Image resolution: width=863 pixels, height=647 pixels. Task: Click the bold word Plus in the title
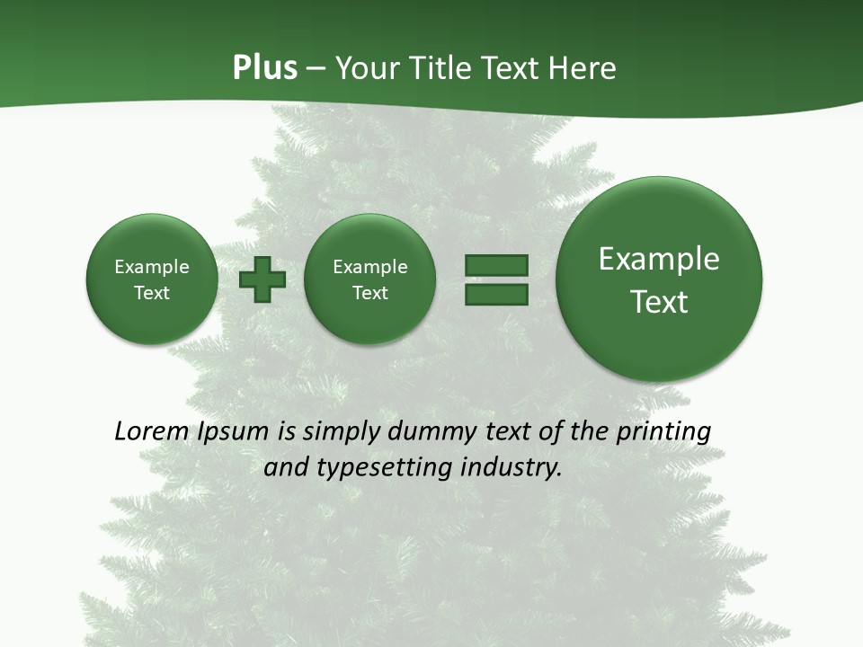point(265,68)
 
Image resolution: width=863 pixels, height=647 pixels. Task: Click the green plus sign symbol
point(262,279)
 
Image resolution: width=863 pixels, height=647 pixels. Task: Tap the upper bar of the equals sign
point(496,265)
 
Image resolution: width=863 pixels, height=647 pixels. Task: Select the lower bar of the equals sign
point(496,295)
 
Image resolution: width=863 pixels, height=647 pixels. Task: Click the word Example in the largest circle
point(659,259)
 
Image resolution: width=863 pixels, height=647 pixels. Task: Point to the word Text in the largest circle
point(659,302)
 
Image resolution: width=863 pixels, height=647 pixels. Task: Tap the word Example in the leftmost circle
point(152,267)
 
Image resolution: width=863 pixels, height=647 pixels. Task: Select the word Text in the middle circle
point(370,293)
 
